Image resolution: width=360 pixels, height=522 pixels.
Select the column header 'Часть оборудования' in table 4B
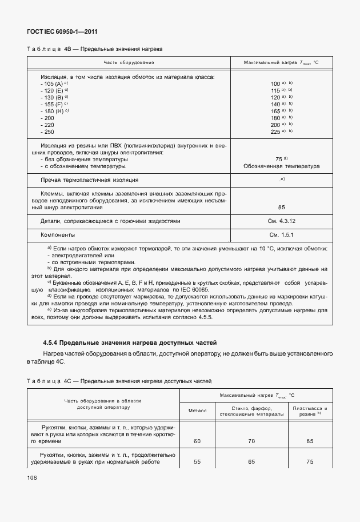pyautogui.click(x=129, y=62)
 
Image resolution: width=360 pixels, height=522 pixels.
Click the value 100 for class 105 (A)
pyautogui.click(x=275, y=83)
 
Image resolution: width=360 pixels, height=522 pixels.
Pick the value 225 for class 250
pyautogui.click(x=275, y=132)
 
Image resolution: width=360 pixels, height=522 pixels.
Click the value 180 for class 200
pyautogui.click(x=275, y=118)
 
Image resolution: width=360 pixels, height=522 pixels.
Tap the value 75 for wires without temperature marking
pyautogui.click(x=279, y=160)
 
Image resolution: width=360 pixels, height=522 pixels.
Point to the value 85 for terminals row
pyautogui.click(x=281, y=208)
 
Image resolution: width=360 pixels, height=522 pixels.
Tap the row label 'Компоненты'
pyautogui.click(x=58, y=235)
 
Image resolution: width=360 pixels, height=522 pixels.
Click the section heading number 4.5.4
pyautogui.click(x=50, y=343)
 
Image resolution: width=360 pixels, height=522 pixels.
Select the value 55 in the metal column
pyautogui.click(x=197, y=462)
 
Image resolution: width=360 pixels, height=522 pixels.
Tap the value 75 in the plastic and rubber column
pyautogui.click(x=310, y=462)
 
